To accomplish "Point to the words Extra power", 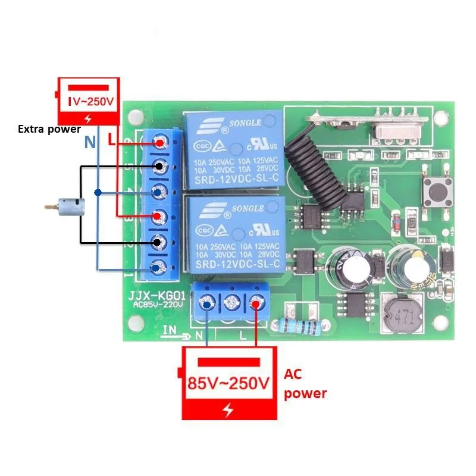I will (49, 129).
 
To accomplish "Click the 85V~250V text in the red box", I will (228, 383).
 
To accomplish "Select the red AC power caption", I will (305, 384).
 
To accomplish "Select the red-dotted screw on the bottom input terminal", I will (256, 304).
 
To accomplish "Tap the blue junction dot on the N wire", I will (97, 192).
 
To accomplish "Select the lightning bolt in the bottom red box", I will (228, 410).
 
